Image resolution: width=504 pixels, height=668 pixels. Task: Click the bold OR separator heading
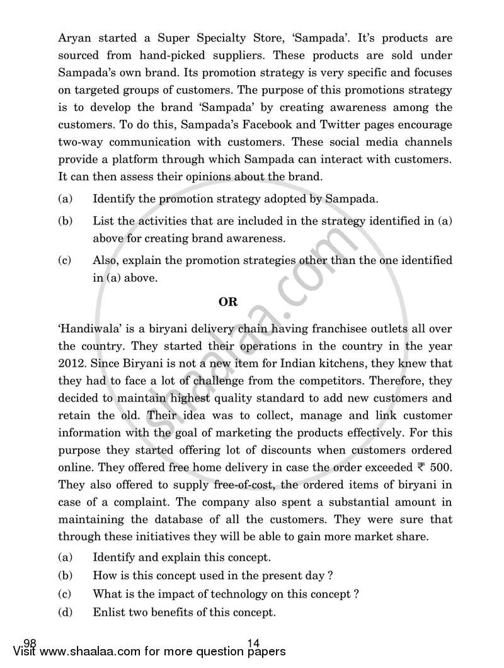tap(228, 302)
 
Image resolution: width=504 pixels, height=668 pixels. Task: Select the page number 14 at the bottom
tap(254, 643)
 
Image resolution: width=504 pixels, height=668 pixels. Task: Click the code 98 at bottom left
tap(30, 643)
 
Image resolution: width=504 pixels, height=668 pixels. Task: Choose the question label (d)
tap(65, 612)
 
